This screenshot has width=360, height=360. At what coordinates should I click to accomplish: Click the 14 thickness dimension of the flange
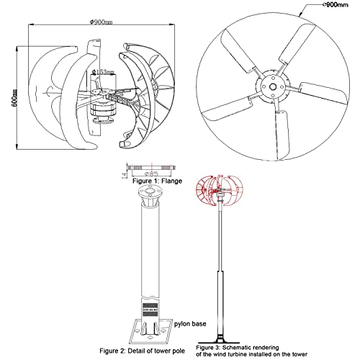coord(124,170)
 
